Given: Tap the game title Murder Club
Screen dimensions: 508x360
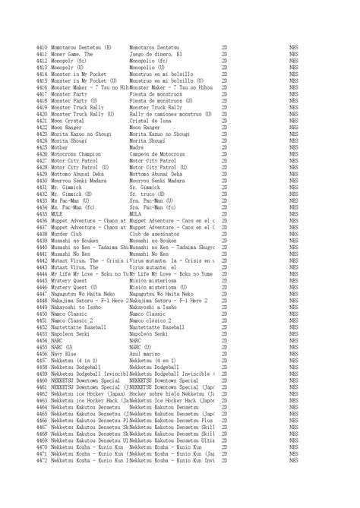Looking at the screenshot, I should click(69, 234).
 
